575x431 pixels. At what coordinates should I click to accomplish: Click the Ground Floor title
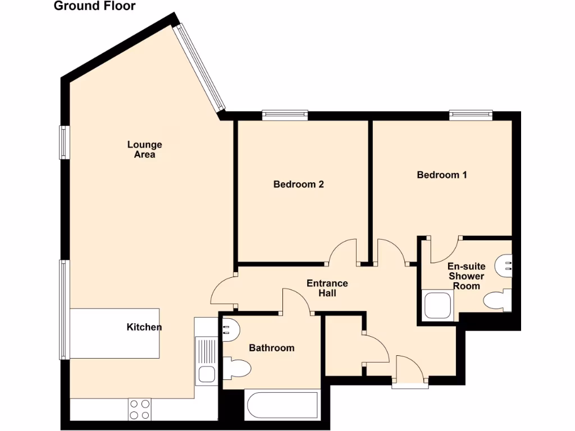94,6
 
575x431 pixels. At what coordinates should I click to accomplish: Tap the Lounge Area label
144,150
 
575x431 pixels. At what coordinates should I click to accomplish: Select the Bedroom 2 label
298,184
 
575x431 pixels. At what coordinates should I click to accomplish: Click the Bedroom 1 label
442,175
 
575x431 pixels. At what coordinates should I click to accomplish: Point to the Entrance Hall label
327,288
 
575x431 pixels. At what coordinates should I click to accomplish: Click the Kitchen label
144,327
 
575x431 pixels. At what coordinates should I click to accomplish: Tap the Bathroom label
271,348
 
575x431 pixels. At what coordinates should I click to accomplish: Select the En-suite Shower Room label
466,276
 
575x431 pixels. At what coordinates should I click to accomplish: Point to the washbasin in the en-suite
505,263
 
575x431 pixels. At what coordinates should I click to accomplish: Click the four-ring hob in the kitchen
140,409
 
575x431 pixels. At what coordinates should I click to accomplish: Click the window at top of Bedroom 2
285,115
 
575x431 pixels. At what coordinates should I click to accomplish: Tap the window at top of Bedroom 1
471,115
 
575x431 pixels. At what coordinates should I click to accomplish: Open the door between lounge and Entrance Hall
223,292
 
